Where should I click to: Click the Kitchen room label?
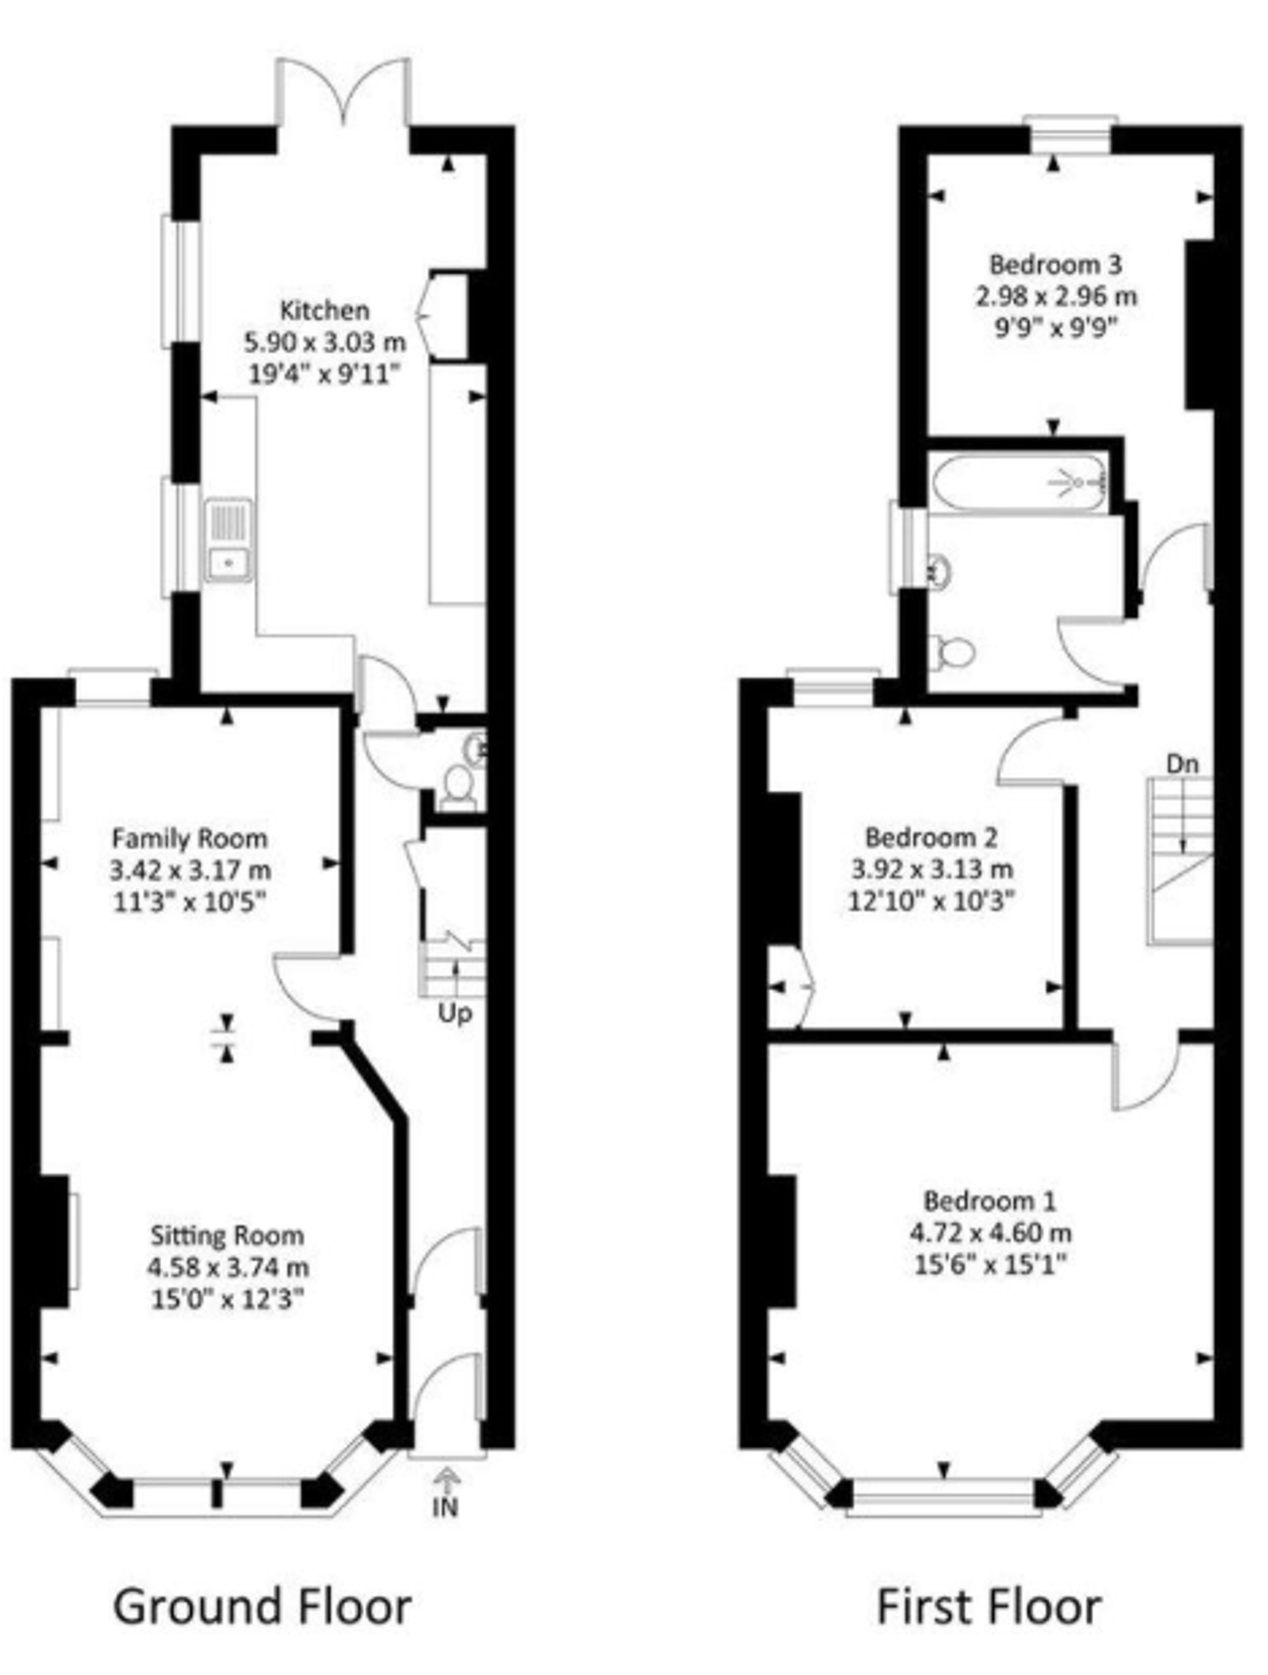(x=325, y=310)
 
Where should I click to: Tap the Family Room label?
(x=190, y=838)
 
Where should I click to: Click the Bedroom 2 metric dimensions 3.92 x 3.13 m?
(x=931, y=869)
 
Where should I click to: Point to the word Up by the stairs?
(x=455, y=1013)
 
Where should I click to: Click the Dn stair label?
(x=1182, y=764)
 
